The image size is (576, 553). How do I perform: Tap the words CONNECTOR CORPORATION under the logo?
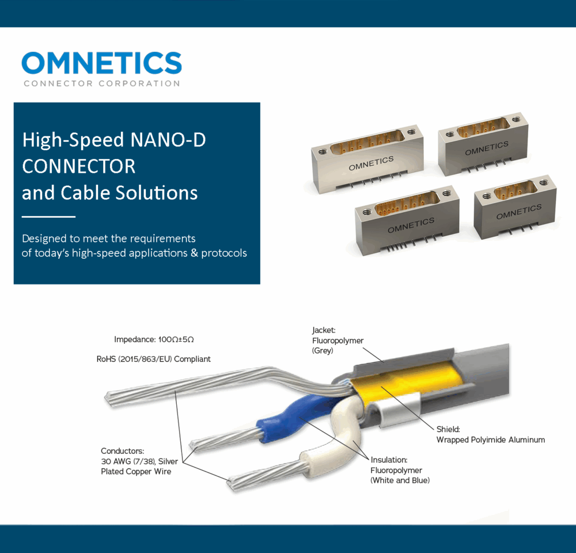tap(102, 84)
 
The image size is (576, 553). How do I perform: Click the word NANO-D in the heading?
tap(168, 140)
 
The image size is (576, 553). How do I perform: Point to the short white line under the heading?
tap(48, 217)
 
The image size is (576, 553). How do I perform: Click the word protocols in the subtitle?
tap(224, 253)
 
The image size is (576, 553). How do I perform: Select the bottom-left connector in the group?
tap(407, 219)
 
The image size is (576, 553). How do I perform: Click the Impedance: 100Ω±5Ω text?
tap(154, 339)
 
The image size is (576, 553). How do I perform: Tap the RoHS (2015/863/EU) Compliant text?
tap(154, 359)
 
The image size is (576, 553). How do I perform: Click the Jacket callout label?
tap(338, 340)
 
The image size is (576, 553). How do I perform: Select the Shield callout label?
tap(490, 434)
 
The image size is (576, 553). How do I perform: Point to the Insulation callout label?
tap(400, 470)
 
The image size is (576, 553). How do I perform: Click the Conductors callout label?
tap(139, 461)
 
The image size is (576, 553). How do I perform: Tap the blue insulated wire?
tap(294, 414)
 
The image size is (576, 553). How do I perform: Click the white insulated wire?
tap(331, 441)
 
